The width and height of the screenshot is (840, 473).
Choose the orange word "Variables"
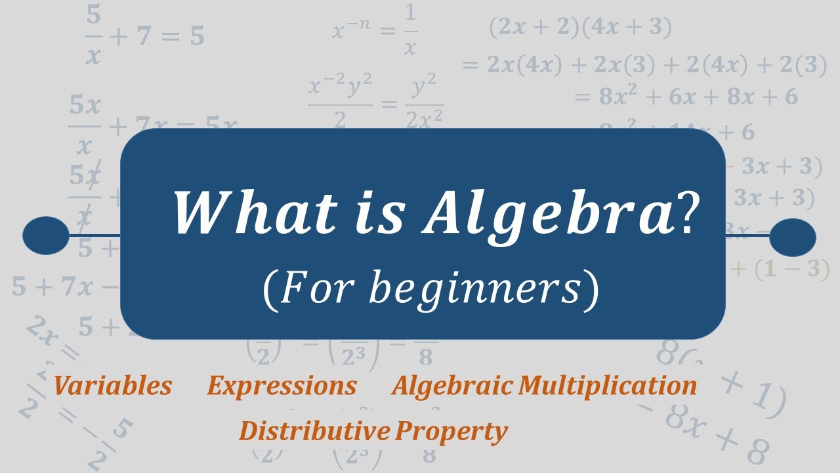pos(113,386)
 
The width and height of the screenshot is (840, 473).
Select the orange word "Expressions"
pos(282,386)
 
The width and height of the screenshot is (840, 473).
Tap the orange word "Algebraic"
pos(452,386)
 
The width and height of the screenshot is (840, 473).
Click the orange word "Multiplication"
pos(607,386)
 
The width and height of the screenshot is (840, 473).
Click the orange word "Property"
pos(452,432)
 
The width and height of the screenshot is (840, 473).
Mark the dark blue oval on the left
pos(46,235)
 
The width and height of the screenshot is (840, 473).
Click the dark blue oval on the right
pos(792,236)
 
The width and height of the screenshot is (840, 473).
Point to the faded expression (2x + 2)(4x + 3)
pos(580,28)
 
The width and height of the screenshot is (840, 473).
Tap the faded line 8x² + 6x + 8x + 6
pos(686,97)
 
